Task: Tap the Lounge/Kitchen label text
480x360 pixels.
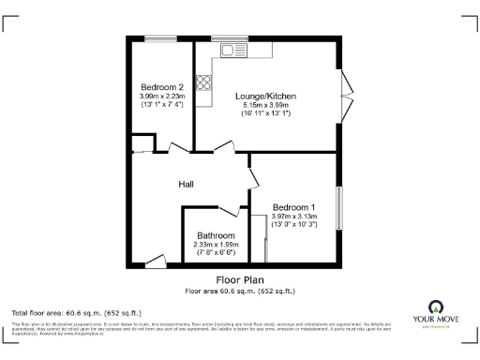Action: pos(267,97)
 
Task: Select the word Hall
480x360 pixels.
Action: pos(187,184)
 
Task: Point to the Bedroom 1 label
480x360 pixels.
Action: pos(293,207)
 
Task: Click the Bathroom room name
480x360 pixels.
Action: pos(216,236)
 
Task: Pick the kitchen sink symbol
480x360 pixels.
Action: pos(232,49)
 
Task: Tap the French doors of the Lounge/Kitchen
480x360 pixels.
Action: pos(348,94)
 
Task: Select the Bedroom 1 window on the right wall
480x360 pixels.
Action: pos(339,207)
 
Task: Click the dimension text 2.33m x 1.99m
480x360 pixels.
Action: pos(216,245)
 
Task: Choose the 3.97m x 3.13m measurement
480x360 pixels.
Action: pos(293,216)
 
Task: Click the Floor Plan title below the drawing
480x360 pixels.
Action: pos(239,279)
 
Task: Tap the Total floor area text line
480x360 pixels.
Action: pos(76,311)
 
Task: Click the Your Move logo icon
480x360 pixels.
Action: pos(435,307)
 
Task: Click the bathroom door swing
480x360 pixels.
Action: pos(231,208)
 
